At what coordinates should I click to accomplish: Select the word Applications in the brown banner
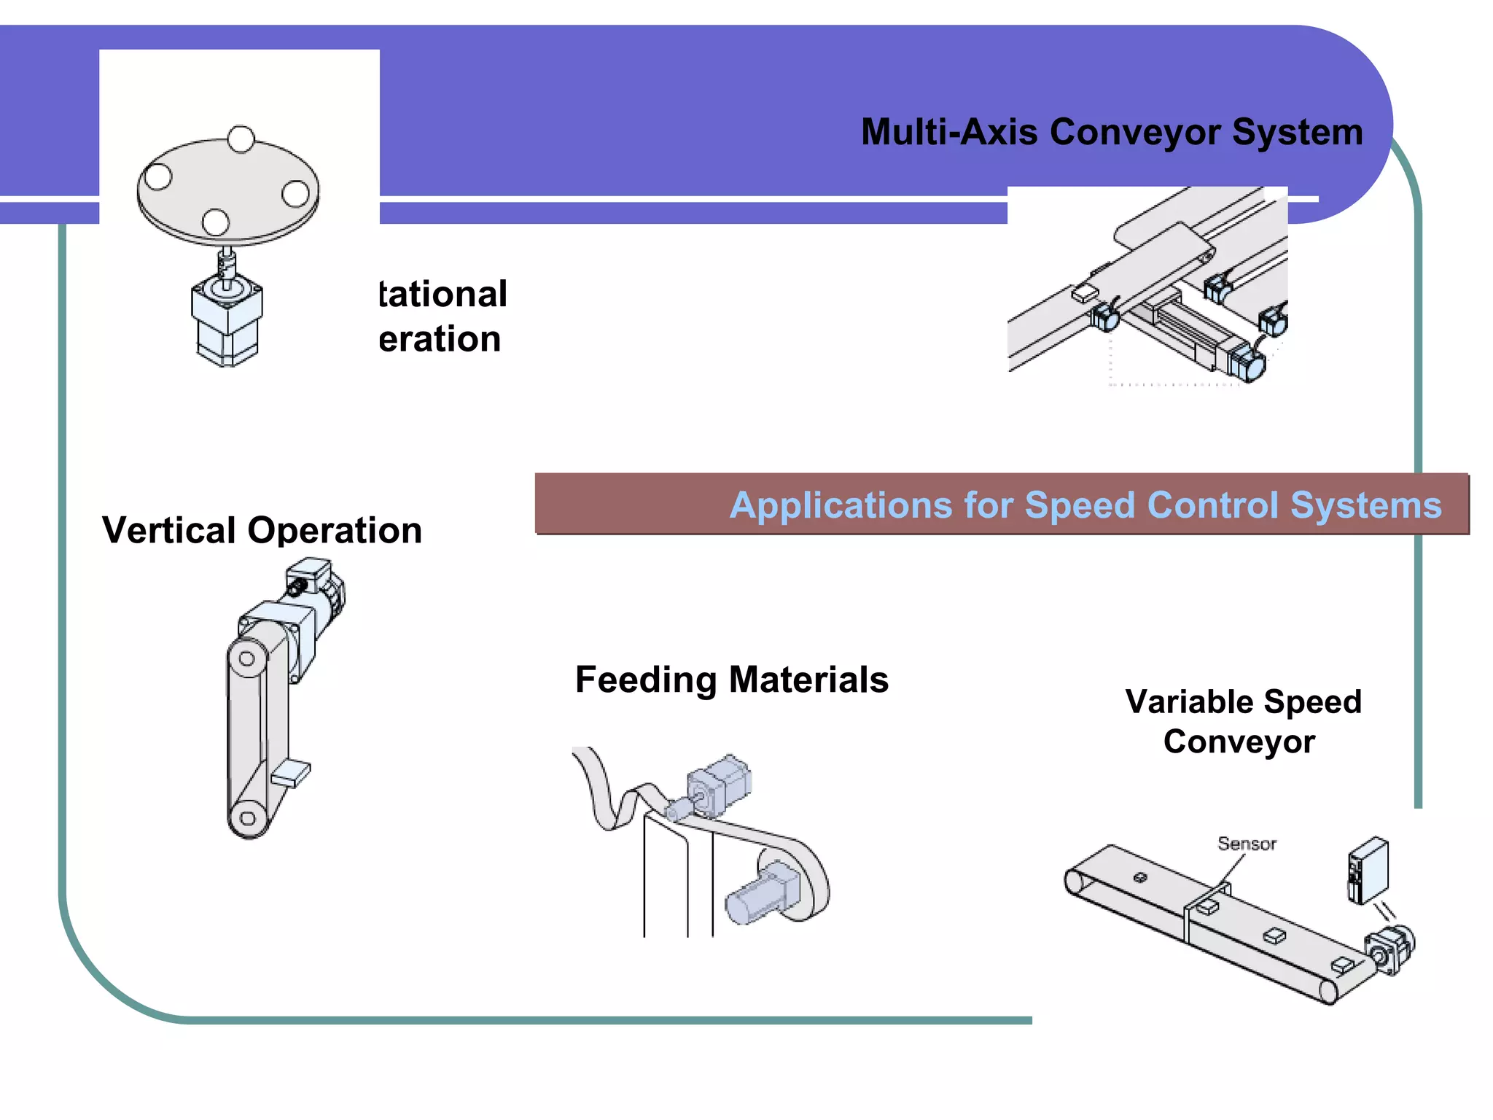pos(841,505)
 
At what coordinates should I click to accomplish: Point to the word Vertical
pos(168,530)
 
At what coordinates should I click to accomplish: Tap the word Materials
pos(808,680)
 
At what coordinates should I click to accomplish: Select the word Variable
pos(1188,702)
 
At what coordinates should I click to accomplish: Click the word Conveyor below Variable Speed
pos(1239,742)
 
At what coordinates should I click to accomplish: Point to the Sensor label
pos(1247,844)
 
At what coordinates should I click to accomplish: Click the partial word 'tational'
pos(443,295)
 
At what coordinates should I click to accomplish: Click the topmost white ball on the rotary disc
pos(241,139)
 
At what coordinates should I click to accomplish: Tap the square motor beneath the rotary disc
pos(227,321)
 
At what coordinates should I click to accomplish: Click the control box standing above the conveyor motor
pos(1368,871)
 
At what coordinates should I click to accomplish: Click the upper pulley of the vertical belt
pos(247,658)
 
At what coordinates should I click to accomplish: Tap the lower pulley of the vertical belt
pos(248,817)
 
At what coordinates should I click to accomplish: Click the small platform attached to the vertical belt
pos(292,773)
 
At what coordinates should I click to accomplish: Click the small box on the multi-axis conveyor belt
pos(1085,293)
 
